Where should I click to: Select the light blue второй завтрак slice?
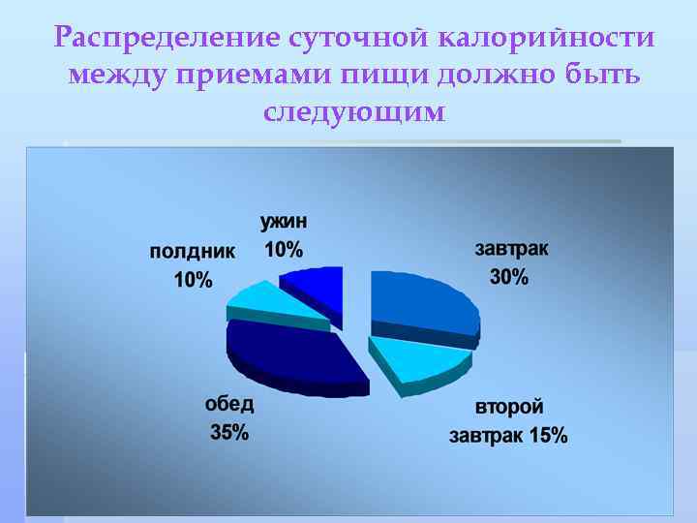419,359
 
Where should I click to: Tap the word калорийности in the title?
547,39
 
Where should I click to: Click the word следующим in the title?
354,111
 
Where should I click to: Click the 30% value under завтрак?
509,277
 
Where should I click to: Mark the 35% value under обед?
229,433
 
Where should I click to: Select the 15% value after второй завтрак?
547,436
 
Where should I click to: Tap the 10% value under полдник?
193,281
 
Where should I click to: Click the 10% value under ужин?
284,250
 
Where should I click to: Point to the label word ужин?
284,222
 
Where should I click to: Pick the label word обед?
229,405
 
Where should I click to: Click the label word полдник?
193,253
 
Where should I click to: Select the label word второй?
509,408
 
